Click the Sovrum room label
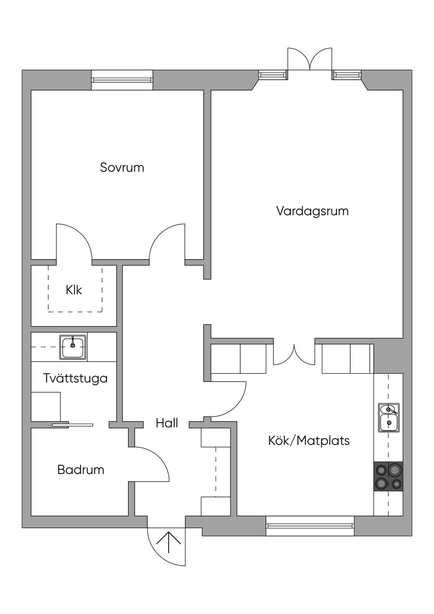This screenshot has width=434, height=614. click(122, 167)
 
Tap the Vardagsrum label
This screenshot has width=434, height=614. click(312, 211)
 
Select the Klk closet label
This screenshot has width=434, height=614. click(74, 290)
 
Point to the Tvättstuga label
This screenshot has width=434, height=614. click(75, 379)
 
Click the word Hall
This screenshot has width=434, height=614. click(167, 423)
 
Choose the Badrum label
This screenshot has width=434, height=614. click(81, 470)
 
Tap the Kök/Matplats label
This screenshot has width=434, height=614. click(309, 441)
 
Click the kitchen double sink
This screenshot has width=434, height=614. click(389, 418)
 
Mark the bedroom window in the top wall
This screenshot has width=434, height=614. click(122, 80)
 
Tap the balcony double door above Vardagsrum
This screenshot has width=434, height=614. click(310, 59)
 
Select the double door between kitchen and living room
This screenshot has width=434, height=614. click(294, 354)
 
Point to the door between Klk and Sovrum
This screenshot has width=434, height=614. click(74, 241)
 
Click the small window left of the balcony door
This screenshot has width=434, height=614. click(273, 75)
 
